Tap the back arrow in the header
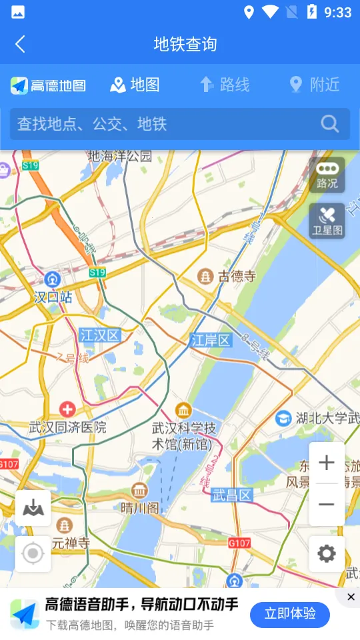[20, 45]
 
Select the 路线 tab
[225, 85]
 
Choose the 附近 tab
[315, 85]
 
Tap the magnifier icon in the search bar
[329, 124]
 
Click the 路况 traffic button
[327, 175]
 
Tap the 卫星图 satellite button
[327, 221]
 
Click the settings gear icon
[327, 553]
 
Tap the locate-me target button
[33, 553]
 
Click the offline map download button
[33, 509]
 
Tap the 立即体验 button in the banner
[290, 614]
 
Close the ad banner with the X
[351, 597]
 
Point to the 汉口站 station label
[53, 297]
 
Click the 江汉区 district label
[99, 335]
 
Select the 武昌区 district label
[232, 495]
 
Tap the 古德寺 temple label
[237, 276]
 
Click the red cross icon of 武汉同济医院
[67, 409]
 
